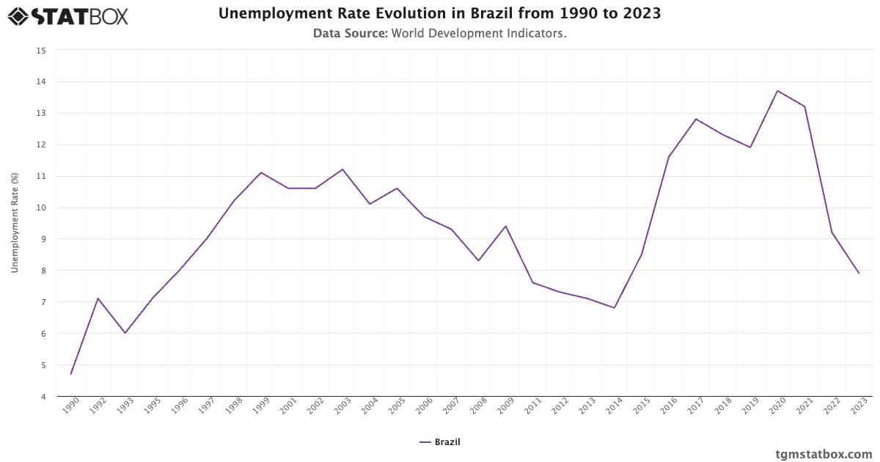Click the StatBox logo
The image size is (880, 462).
(x=67, y=16)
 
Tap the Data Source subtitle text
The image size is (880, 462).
(x=439, y=34)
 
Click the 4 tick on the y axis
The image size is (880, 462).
(x=43, y=397)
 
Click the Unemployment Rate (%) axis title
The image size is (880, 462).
(x=15, y=223)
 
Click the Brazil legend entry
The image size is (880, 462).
(x=440, y=442)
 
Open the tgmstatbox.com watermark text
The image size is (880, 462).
(x=824, y=454)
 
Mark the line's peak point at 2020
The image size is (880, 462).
(x=777, y=91)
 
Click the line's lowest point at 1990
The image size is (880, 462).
(x=71, y=374)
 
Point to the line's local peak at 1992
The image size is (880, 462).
(x=98, y=298)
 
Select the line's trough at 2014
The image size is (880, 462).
(x=615, y=308)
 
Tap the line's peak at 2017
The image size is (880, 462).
(x=695, y=119)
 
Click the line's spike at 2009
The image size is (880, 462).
(x=505, y=226)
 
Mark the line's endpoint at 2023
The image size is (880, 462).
(x=859, y=274)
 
